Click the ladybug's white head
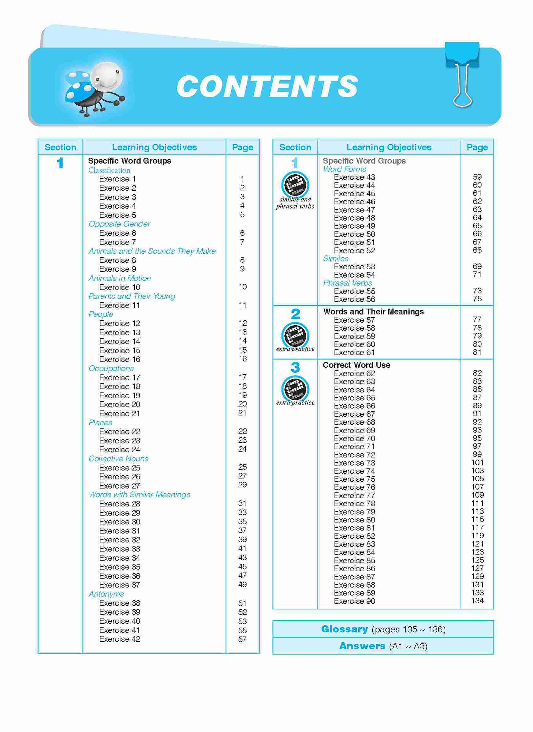pos(107,77)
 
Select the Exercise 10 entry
pos(120,287)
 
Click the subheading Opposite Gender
pos(120,224)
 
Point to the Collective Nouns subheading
pos(119,459)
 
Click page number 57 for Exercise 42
pos(242,639)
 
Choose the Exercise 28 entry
pos(120,504)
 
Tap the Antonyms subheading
pos(106,594)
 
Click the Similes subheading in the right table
pos(336,259)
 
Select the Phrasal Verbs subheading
pos(347,283)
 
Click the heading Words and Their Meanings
pos(373,311)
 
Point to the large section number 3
pos(295,367)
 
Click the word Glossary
pos(345,629)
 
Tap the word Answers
pos(362,646)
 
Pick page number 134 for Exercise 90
pos(477,601)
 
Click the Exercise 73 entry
pos(355,463)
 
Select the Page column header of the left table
pos(243,147)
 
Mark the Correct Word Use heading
pos(356,365)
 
